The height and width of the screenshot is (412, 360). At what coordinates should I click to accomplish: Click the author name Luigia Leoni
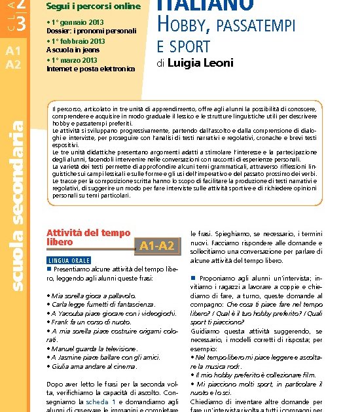195,63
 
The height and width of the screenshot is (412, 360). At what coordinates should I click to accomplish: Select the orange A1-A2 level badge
156,246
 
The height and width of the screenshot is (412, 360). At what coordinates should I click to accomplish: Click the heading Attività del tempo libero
88,237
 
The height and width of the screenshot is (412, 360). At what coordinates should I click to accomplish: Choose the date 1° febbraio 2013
78,41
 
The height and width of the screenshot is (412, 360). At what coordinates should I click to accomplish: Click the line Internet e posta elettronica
91,68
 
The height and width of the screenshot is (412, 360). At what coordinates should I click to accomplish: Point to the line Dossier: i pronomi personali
91,31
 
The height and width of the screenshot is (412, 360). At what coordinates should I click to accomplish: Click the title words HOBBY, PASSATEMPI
226,26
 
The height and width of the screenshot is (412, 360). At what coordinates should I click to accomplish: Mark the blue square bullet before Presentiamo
49,269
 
